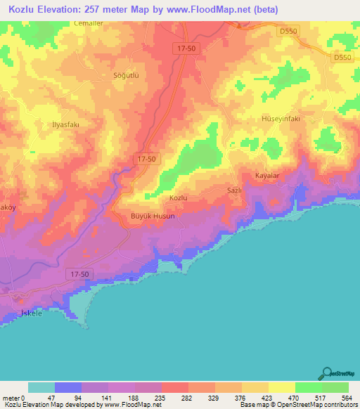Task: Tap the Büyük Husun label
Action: (153, 216)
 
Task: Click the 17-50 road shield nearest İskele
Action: (80, 272)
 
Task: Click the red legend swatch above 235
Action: (175, 387)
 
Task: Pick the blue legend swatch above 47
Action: (68, 387)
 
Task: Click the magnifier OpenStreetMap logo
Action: (328, 374)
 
